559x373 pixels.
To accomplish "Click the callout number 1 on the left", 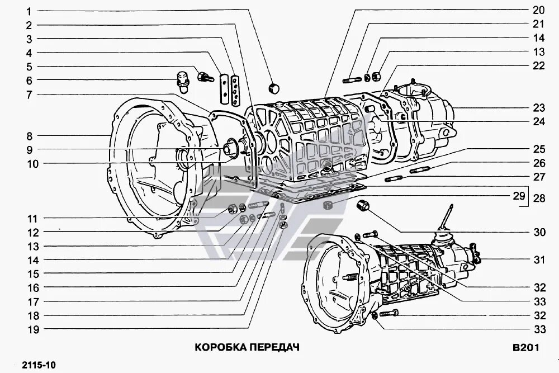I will click(x=29, y=11).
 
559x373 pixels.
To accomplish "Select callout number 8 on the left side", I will click(x=29, y=136).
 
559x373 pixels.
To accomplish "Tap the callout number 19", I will click(x=33, y=329).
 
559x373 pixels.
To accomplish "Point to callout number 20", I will click(x=538, y=10).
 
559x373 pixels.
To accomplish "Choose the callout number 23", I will click(x=538, y=108).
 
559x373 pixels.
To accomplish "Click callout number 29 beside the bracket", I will click(x=519, y=196).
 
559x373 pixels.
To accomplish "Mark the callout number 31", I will click(x=538, y=259).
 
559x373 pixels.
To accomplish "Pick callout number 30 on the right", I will click(x=538, y=232).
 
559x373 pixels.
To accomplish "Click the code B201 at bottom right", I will click(x=525, y=347).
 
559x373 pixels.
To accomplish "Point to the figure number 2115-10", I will click(x=39, y=365).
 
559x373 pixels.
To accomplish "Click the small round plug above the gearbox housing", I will click(x=274, y=88).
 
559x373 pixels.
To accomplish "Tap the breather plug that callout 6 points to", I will click(x=182, y=79).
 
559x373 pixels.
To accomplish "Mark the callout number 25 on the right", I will click(x=538, y=149).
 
